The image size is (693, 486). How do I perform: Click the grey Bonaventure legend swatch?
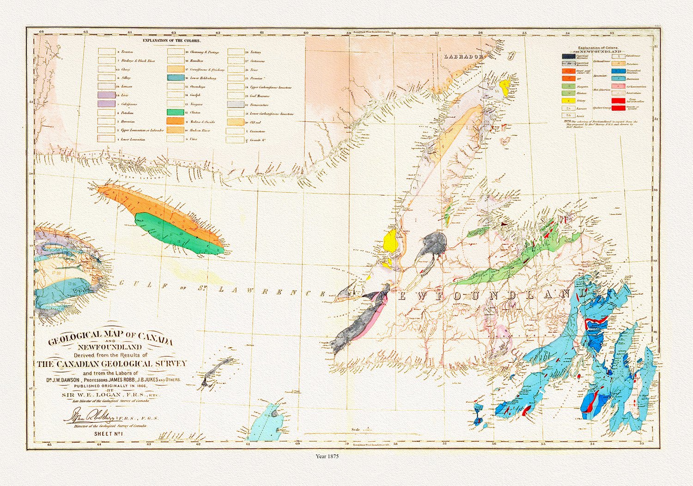pyautogui.click(x=235, y=104)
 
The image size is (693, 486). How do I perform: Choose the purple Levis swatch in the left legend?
pyautogui.click(x=106, y=95)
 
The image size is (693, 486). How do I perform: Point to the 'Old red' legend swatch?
pyautogui.click(x=235, y=122)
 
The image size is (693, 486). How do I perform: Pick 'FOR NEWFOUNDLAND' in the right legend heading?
pyautogui.click(x=599, y=52)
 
